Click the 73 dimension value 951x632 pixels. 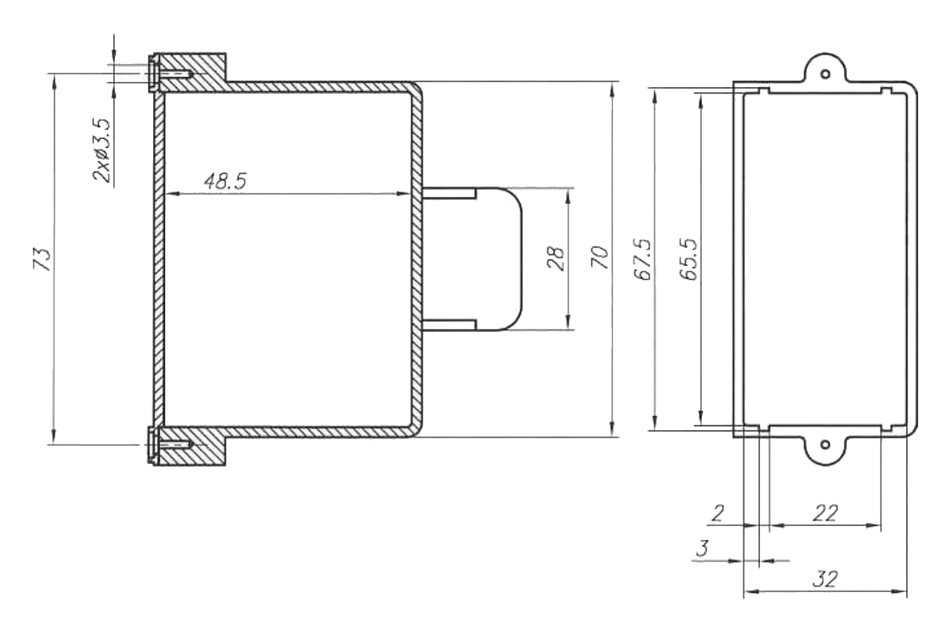click(42, 259)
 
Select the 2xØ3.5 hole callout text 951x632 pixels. click(102, 150)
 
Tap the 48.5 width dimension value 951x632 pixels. click(225, 181)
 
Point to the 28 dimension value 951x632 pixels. click(556, 259)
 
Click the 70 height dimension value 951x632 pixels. click(600, 258)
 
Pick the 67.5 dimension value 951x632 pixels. click(642, 259)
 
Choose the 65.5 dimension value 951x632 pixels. click(688, 259)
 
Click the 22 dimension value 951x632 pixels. click(826, 514)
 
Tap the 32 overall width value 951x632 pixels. click(826, 579)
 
